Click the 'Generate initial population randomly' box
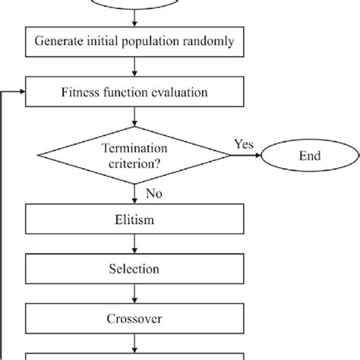click(134, 41)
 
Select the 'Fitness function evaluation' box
click(134, 93)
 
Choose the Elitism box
click(134, 222)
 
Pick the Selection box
click(134, 269)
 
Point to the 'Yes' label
click(243, 144)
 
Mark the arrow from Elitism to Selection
click(134, 245)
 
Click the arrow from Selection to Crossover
click(134, 292)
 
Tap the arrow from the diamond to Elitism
click(134, 194)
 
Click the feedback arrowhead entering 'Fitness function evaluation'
click(22, 93)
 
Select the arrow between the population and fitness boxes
click(134, 68)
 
